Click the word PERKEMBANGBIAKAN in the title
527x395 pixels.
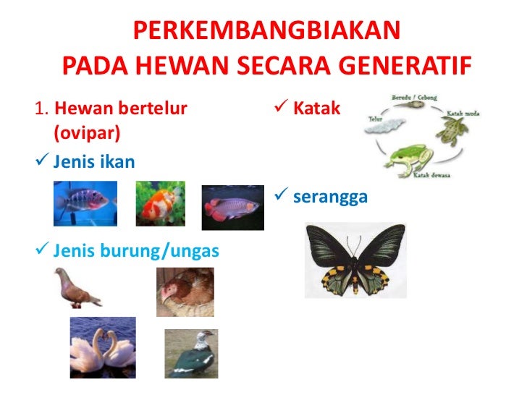266,31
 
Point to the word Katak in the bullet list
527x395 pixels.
316,110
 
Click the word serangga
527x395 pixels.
330,197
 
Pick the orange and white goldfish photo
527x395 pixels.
161,204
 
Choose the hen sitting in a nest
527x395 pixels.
185,292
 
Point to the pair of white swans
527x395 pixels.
102,349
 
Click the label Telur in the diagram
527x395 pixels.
375,118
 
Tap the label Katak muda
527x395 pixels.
464,114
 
